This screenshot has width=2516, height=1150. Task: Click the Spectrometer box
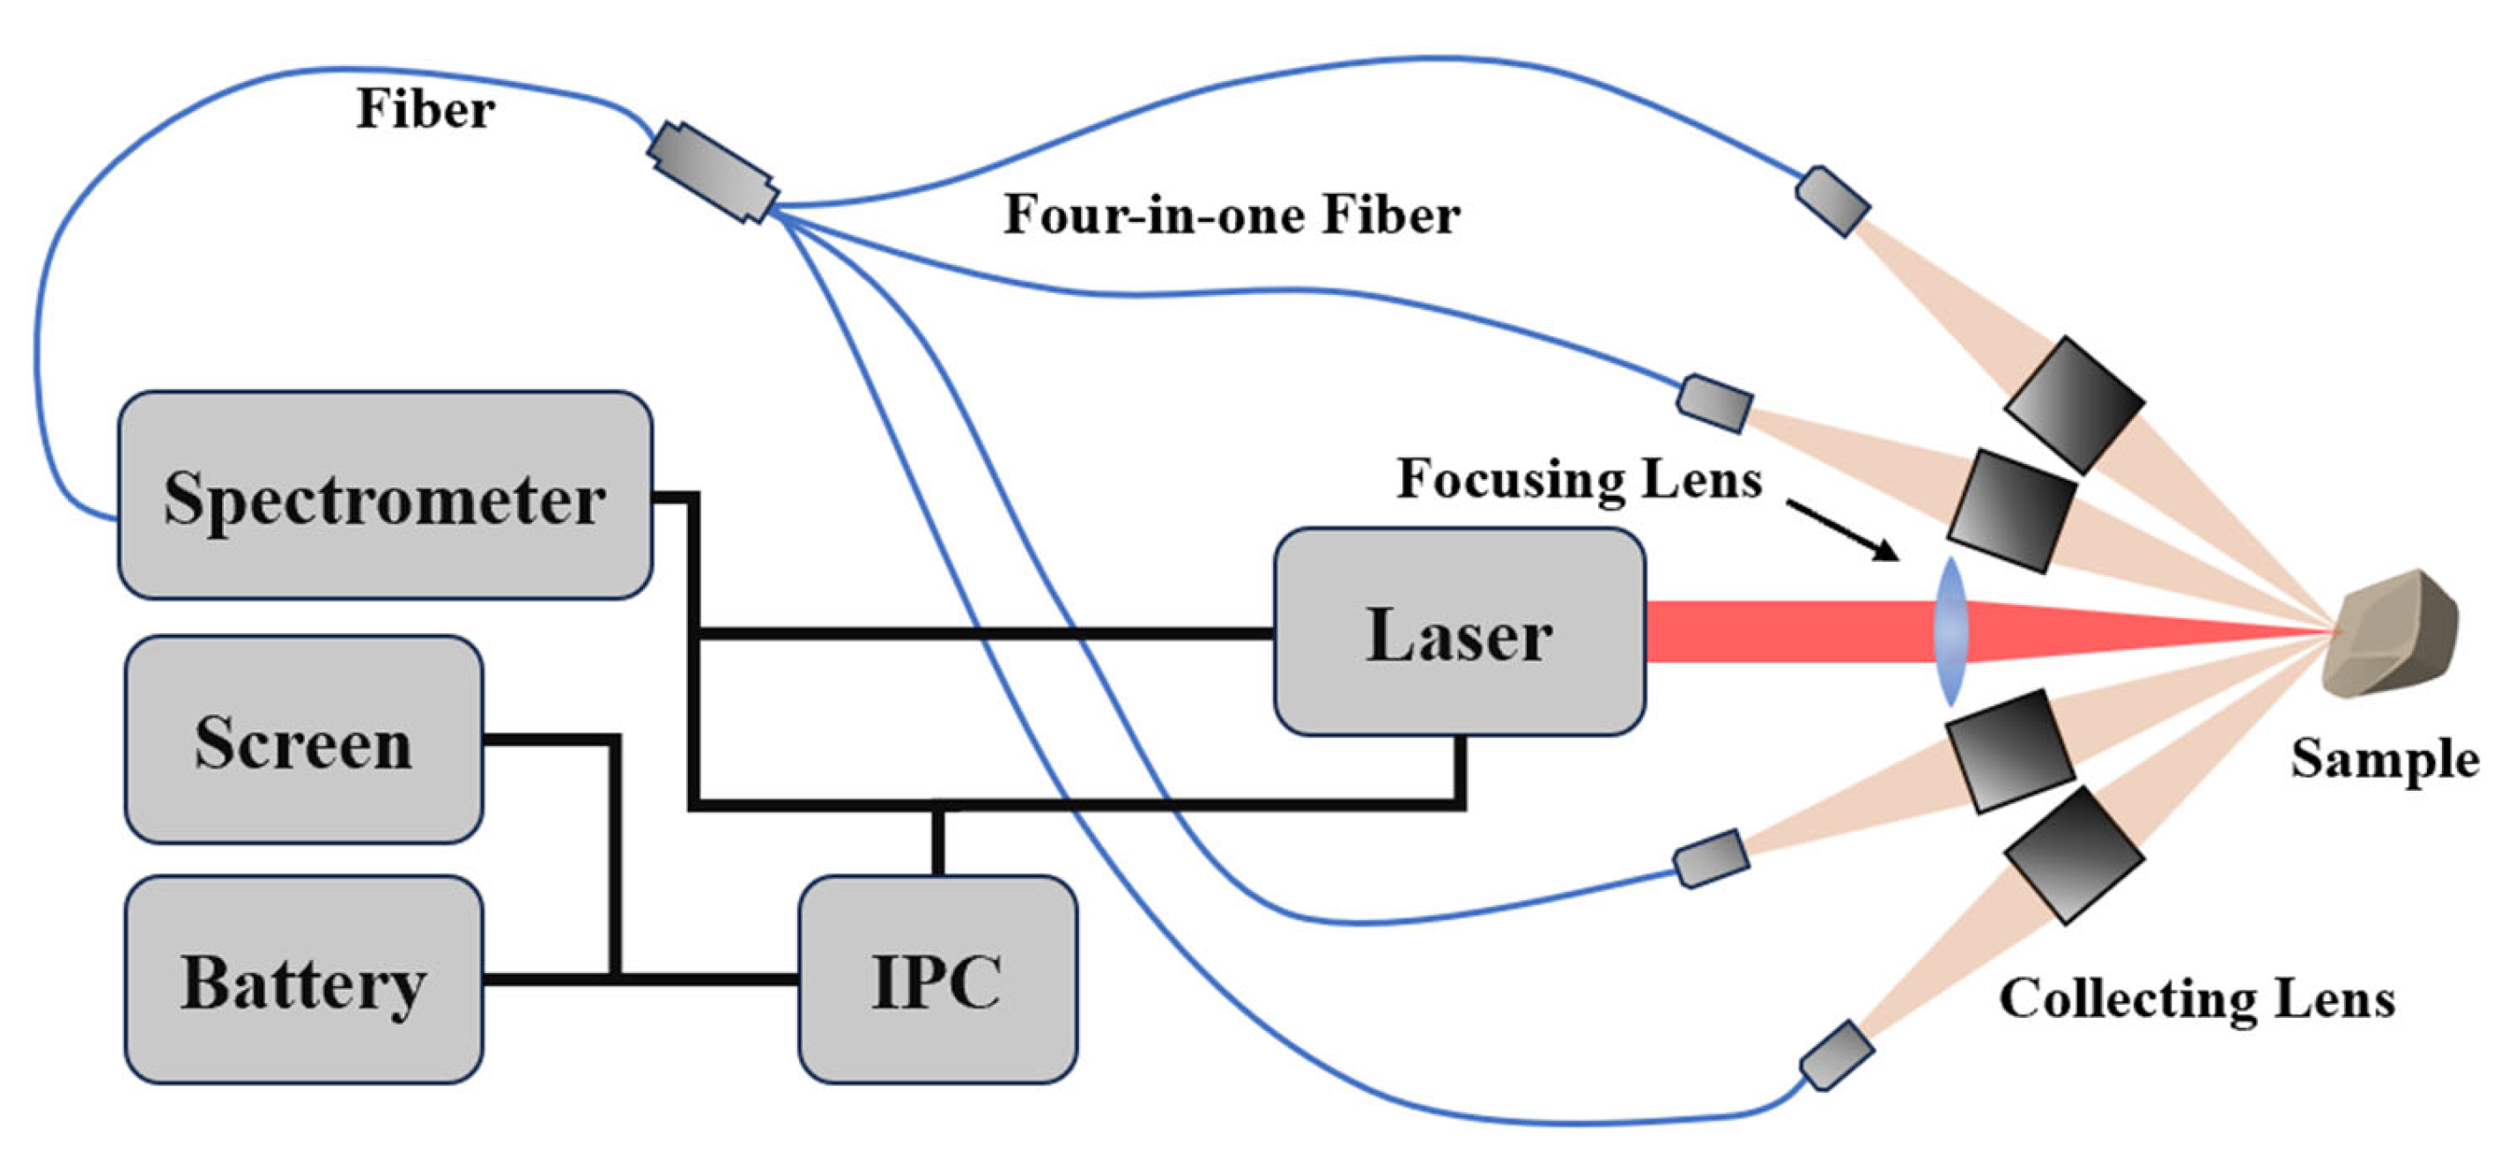(x=385, y=495)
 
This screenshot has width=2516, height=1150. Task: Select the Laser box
(x=1459, y=631)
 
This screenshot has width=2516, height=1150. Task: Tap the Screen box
(x=303, y=739)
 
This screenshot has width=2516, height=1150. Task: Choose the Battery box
(x=303, y=979)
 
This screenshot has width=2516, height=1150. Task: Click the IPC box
(x=937, y=979)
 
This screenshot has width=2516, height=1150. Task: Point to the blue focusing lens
(x=1950, y=631)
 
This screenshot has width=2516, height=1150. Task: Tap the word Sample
(x=2384, y=758)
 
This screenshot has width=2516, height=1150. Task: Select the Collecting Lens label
(x=2196, y=998)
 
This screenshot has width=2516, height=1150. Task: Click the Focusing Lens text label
(x=1579, y=478)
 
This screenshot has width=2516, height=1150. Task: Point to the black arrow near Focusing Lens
(x=1842, y=530)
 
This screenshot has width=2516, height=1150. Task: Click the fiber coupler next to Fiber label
(x=712, y=172)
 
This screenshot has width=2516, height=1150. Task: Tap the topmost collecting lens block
(x=2075, y=404)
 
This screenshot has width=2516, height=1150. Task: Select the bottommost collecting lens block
(x=2075, y=855)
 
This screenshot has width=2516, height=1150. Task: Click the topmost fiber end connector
(x=1832, y=201)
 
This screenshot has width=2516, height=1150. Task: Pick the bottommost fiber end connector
(x=1836, y=1055)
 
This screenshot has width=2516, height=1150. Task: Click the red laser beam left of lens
(x=1787, y=631)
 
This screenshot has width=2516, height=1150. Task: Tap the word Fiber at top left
(x=425, y=108)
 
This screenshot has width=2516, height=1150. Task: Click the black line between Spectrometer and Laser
(x=977, y=634)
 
